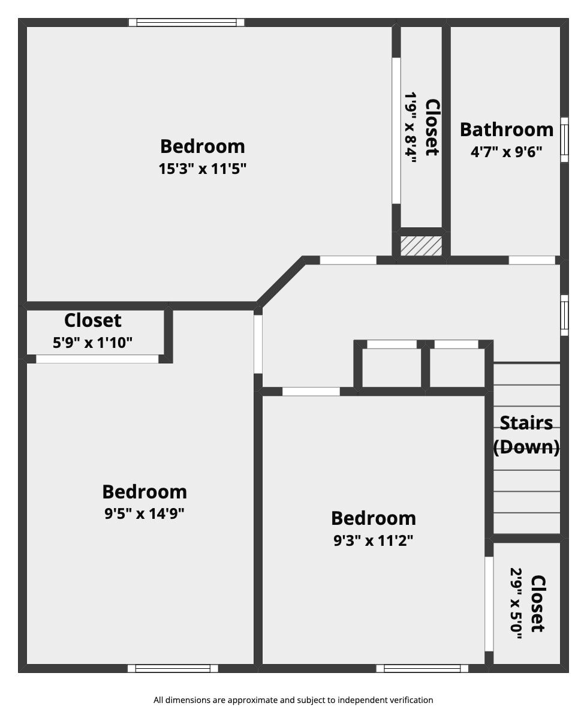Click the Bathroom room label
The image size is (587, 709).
[507, 130]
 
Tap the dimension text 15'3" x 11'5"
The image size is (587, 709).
[203, 169]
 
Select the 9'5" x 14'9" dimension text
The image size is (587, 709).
[144, 513]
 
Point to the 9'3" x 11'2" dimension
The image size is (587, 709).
[373, 540]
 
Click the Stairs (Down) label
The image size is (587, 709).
[526, 435]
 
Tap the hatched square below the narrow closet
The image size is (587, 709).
[421, 246]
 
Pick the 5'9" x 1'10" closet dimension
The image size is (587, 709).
[92, 343]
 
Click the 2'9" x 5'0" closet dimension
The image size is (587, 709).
[516, 603]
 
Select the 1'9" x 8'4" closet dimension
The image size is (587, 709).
[411, 127]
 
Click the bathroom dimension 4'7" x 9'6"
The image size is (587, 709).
[507, 152]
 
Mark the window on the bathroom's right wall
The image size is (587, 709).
[564, 139]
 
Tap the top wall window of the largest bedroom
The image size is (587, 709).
[186, 23]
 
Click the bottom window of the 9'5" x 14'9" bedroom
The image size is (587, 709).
[173, 668]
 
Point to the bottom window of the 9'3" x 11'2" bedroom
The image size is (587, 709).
[422, 668]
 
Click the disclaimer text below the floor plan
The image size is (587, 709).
[293, 699]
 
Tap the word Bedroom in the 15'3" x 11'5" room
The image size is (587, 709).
[203, 146]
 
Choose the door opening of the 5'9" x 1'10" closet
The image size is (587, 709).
[97, 359]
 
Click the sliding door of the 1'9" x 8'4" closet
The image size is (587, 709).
[396, 130]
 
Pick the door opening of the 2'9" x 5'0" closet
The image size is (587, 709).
[489, 603]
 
